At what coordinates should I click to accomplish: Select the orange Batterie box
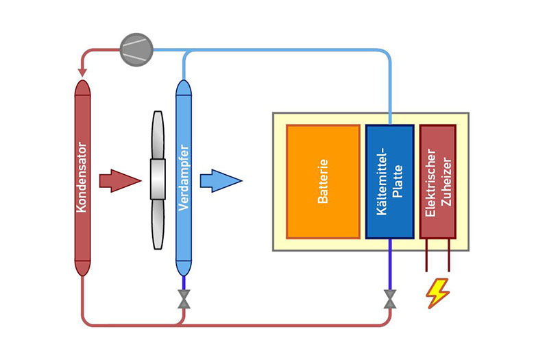[x=323, y=182]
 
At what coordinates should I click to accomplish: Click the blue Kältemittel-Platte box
[x=389, y=182]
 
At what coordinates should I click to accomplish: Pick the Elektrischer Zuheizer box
[x=437, y=182]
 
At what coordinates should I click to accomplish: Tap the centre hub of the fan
[x=158, y=181]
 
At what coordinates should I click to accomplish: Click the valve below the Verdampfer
[x=184, y=299]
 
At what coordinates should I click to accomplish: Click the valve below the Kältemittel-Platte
[x=389, y=299]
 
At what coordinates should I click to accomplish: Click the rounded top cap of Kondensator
[x=82, y=88]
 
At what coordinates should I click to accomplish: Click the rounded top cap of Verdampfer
[x=184, y=88]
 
